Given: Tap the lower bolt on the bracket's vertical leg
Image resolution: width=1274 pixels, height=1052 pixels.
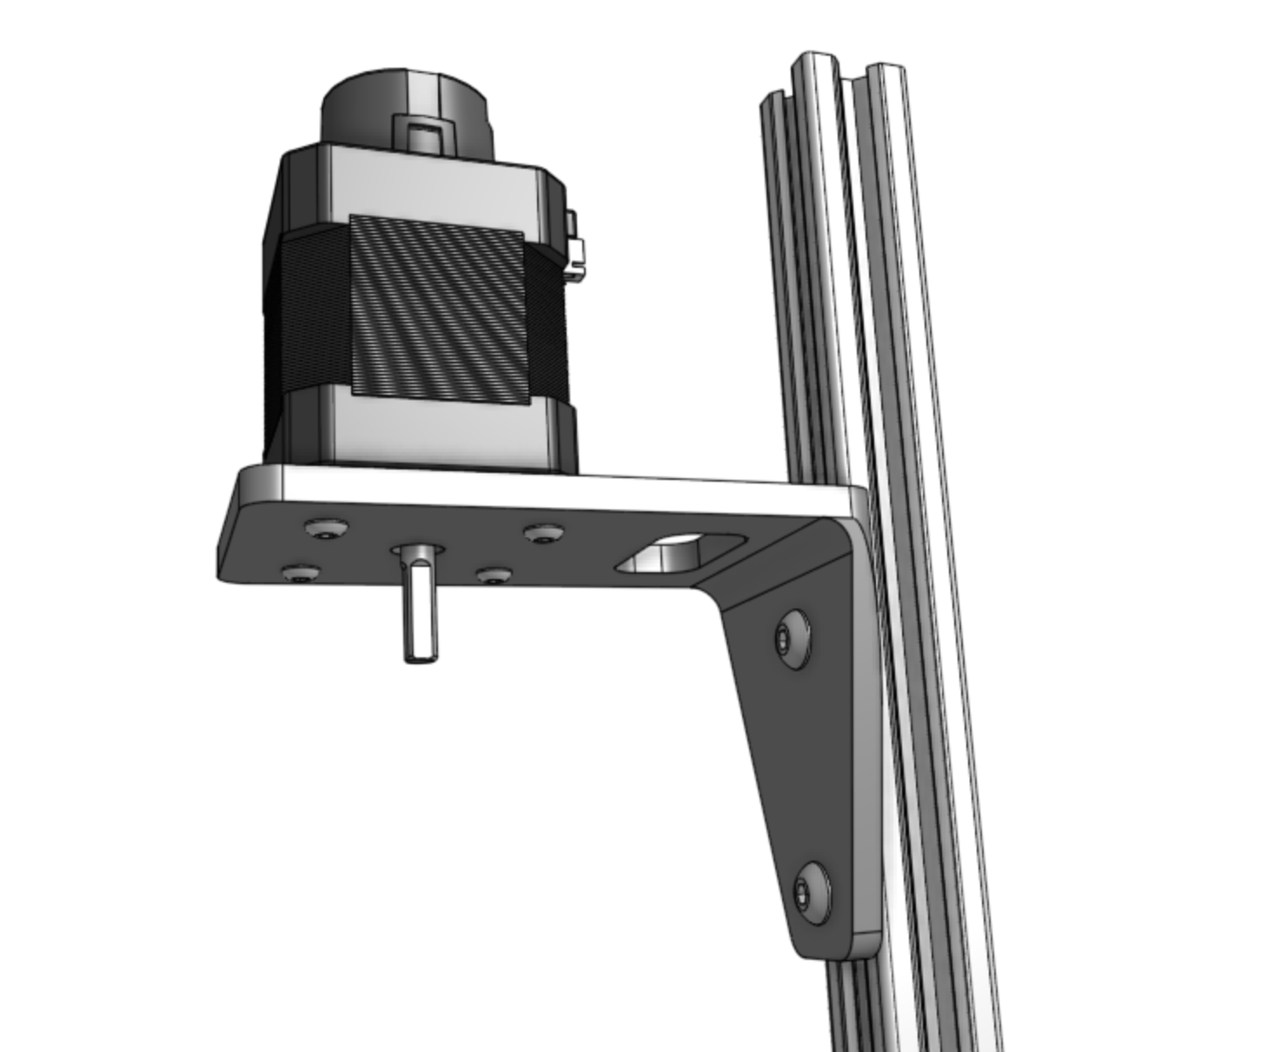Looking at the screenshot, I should click(812, 892).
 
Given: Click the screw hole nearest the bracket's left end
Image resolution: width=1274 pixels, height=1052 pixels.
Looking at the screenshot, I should click(302, 574).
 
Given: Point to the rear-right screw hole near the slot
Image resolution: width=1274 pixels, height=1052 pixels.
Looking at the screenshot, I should click(543, 533).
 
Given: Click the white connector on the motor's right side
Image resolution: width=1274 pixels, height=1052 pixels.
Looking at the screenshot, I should click(574, 248).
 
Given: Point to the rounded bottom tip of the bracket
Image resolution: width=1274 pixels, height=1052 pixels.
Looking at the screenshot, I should click(834, 948).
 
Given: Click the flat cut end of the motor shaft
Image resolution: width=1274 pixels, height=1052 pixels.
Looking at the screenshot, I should click(421, 658).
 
